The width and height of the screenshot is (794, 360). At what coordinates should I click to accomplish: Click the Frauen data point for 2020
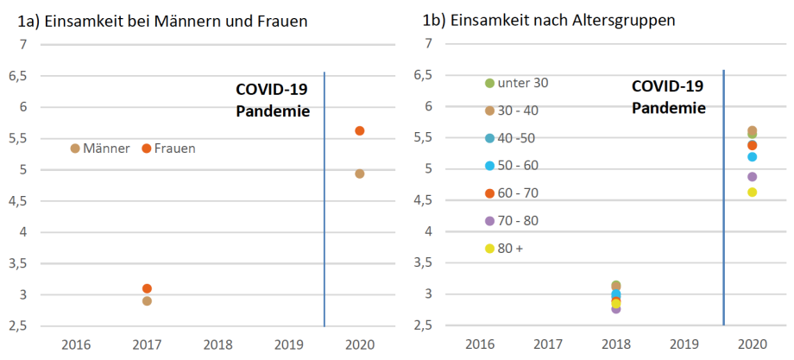pyautogui.click(x=360, y=131)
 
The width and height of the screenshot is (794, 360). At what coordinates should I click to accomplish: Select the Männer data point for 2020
pyautogui.click(x=360, y=174)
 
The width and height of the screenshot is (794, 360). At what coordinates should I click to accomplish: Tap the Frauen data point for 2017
pyautogui.click(x=147, y=288)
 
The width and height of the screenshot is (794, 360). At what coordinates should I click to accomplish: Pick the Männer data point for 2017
pyautogui.click(x=147, y=301)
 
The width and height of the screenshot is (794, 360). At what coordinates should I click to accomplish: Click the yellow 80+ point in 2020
pyautogui.click(x=752, y=192)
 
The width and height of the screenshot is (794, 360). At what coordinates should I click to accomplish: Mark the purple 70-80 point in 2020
pyautogui.click(x=752, y=177)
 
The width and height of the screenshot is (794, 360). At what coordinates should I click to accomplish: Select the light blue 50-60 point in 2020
pyautogui.click(x=752, y=156)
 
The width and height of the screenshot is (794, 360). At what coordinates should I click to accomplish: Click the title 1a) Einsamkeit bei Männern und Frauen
pyautogui.click(x=162, y=22)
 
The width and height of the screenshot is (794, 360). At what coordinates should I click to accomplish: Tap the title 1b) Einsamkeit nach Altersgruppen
pyautogui.click(x=549, y=22)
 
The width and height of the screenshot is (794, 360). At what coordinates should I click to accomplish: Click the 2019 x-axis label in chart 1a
pyautogui.click(x=289, y=344)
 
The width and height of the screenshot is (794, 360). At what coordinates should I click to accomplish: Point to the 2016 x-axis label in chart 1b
pyautogui.click(x=478, y=344)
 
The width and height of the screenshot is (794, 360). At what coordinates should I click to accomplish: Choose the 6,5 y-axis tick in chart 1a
pyautogui.click(x=17, y=76)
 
